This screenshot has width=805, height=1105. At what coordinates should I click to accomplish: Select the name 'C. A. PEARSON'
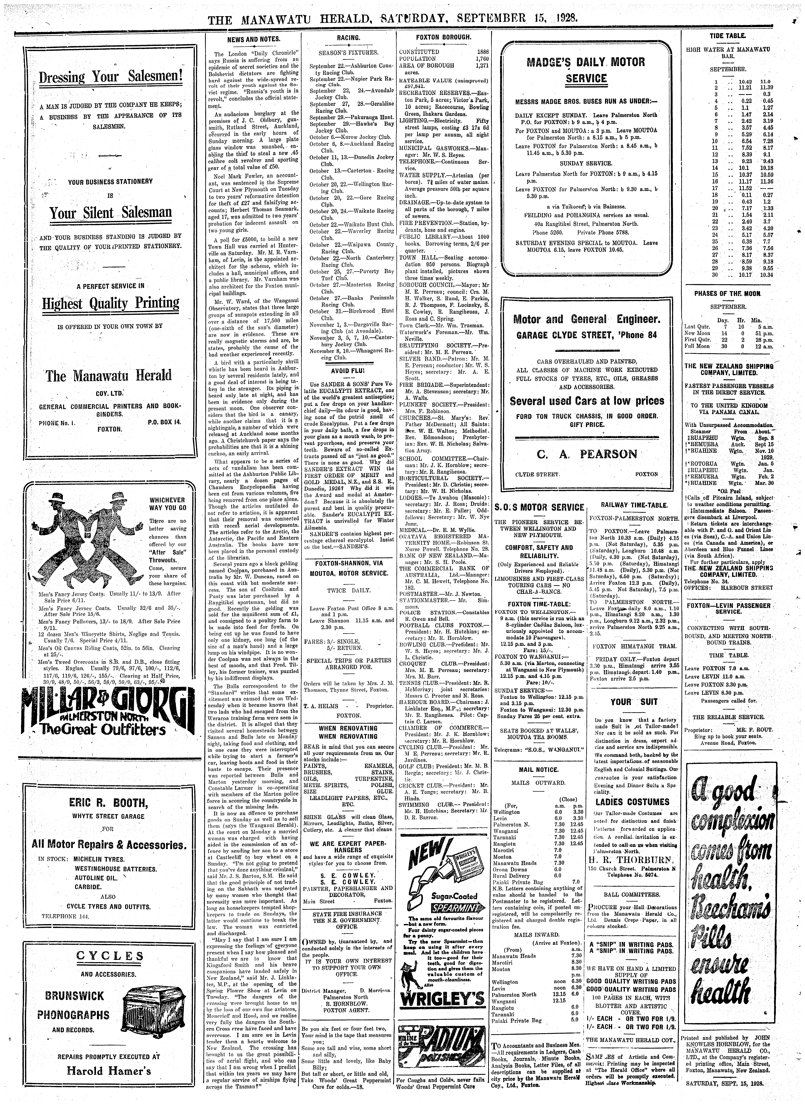click(587, 454)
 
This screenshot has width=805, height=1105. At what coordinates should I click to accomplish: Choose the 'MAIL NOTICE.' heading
click(538, 770)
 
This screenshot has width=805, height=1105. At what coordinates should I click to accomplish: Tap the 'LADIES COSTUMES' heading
click(632, 802)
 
